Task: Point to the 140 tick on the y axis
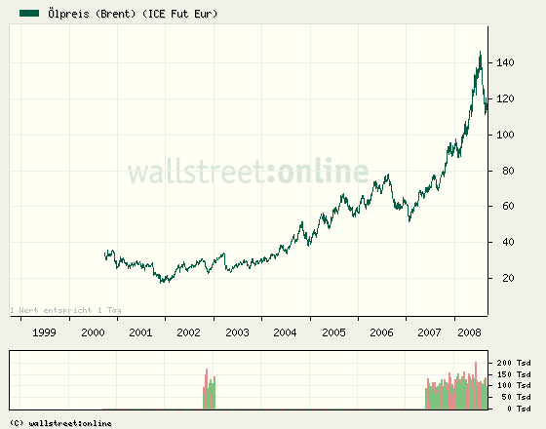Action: [x=504, y=63]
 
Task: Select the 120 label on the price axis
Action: [x=504, y=99]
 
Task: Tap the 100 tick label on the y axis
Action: [x=504, y=136]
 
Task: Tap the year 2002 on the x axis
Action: [x=189, y=332]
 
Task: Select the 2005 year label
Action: [x=333, y=332]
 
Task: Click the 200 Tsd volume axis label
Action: [x=515, y=363]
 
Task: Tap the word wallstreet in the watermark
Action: [x=195, y=174]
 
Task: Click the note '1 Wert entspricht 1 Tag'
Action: [x=65, y=310]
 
